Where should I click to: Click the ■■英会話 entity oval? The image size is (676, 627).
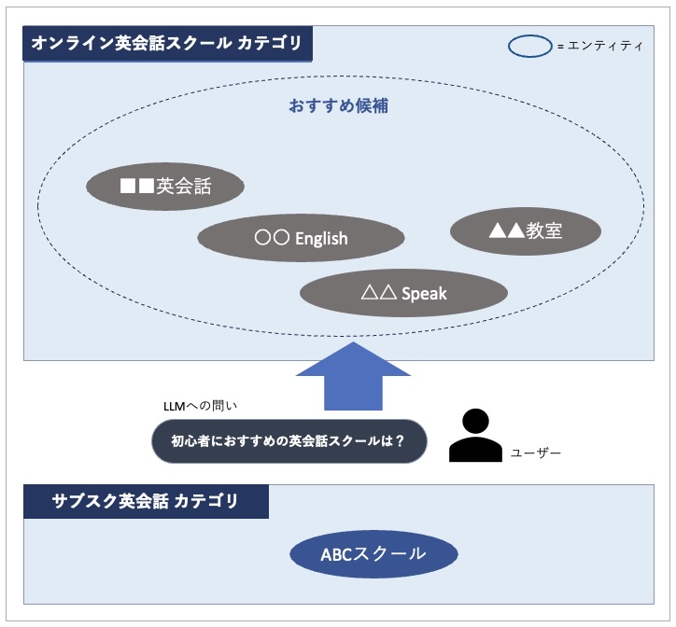(165, 188)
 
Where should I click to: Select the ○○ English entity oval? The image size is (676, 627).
(301, 238)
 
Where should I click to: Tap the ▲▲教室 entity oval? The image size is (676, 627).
(525, 230)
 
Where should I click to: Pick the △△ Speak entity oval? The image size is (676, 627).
(403, 293)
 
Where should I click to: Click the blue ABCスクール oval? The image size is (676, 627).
(373, 555)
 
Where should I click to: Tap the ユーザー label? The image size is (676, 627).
(536, 452)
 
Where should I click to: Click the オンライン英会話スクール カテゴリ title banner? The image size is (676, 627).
(168, 44)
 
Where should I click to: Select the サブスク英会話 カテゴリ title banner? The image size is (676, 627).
(146, 502)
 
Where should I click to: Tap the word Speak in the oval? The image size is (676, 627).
(424, 294)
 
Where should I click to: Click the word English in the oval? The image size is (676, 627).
(321, 239)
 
